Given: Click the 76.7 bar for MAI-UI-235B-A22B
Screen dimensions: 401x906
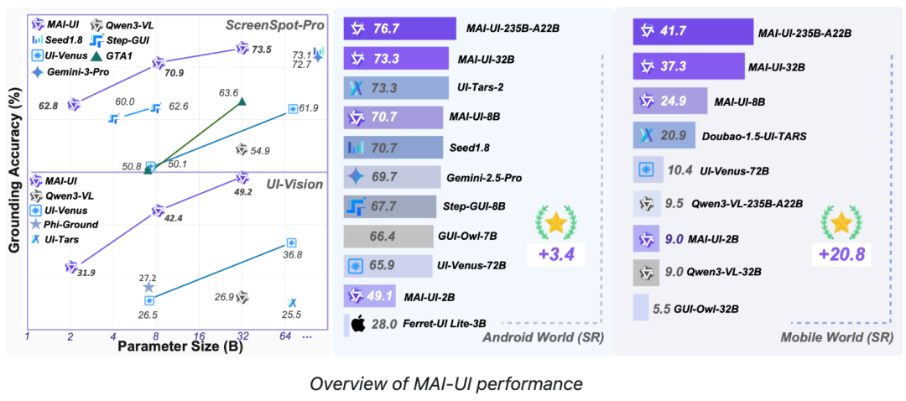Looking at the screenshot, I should click(x=399, y=29).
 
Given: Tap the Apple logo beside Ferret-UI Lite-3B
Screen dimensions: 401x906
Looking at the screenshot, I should click(x=357, y=323).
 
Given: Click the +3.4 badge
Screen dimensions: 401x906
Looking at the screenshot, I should click(x=554, y=252).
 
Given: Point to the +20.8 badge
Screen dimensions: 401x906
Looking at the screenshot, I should click(x=841, y=252).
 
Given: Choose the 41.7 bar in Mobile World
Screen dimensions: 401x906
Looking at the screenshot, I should click(x=692, y=32).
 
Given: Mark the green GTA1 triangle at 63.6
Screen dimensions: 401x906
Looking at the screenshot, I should click(x=242, y=102).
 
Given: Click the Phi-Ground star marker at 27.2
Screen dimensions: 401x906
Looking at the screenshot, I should click(x=148, y=287).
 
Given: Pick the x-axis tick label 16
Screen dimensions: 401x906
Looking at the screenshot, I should click(x=199, y=336).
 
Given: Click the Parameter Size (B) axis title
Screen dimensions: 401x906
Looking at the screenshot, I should click(x=179, y=347).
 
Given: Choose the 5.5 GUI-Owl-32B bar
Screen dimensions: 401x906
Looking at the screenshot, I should click(x=641, y=308).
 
